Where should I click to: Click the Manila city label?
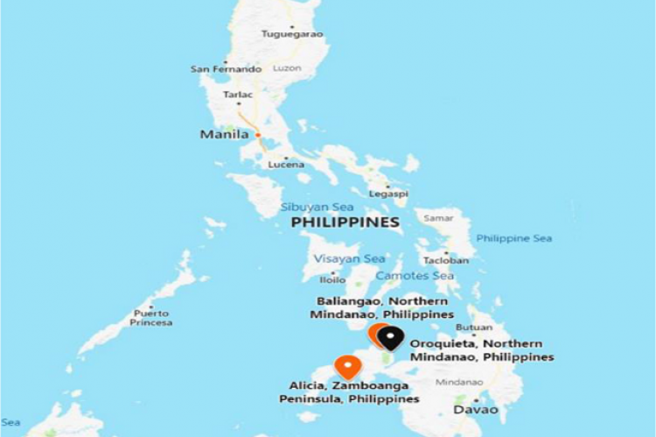coord(223,135)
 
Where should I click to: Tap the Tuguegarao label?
coord(292,34)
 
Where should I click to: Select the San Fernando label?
coord(226,69)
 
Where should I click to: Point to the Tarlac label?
coord(238,94)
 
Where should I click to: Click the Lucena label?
coord(285,165)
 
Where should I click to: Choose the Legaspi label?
coord(389,193)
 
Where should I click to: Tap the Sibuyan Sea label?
coord(317,207)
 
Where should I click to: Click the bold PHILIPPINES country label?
coord(345,223)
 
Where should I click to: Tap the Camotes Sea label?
coord(422,276)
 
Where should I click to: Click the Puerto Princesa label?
coord(151,317)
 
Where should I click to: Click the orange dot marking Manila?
coord(258,135)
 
